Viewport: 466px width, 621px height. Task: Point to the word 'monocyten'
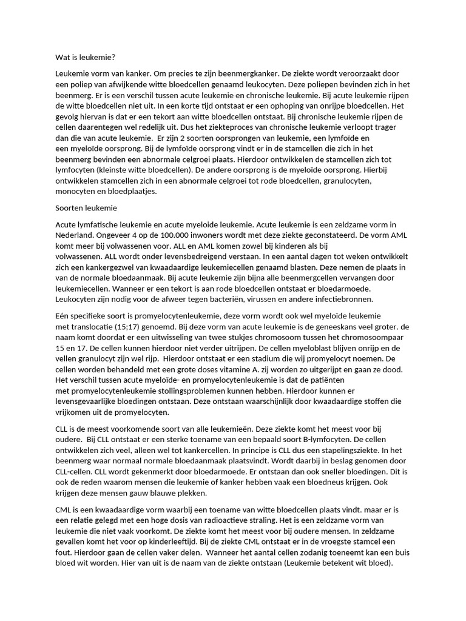[x=77, y=191]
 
